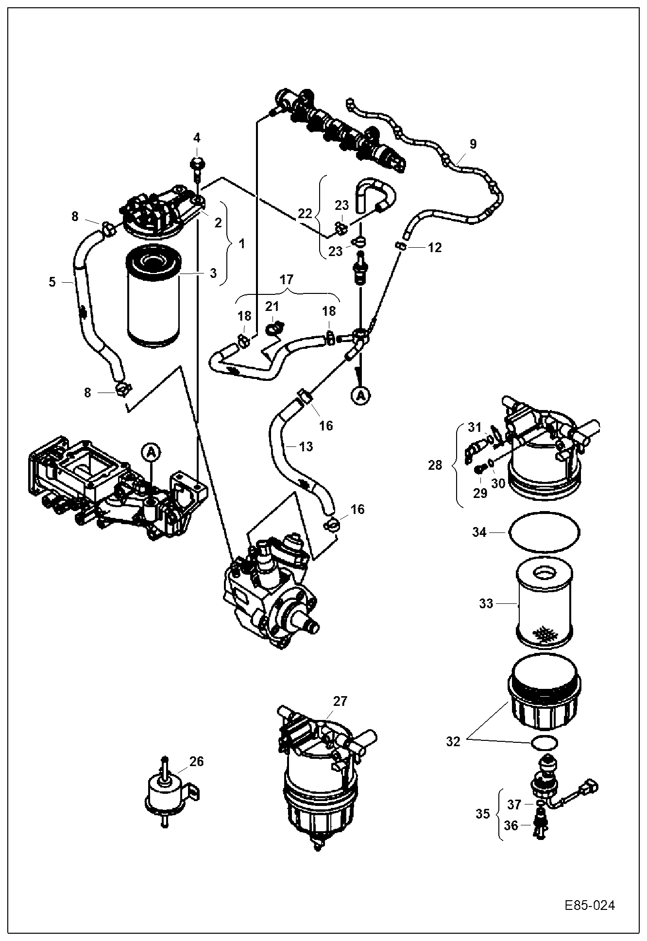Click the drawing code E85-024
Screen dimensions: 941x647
590,906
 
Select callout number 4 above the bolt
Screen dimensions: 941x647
197,138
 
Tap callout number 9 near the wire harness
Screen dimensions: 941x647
473,144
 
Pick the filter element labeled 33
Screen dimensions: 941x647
545,605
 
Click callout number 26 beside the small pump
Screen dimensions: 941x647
197,761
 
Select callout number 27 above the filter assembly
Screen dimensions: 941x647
341,701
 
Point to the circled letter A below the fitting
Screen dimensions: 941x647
360,396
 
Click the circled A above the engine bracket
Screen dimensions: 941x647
151,452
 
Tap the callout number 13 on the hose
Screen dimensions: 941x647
306,446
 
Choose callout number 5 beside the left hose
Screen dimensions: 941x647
52,282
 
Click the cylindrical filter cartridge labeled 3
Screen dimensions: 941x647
153,296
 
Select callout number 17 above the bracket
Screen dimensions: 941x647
287,279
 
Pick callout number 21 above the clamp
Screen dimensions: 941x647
272,306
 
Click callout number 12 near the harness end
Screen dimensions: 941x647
435,248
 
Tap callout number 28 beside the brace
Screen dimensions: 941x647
435,465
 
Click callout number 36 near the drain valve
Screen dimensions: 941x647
511,825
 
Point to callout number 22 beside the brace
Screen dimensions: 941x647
305,214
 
